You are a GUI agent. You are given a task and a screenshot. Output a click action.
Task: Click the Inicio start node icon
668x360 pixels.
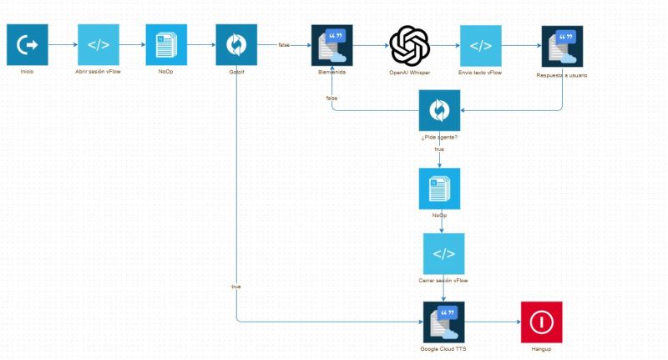point(28,45)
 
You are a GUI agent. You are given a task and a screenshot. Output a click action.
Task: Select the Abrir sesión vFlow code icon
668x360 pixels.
point(99,45)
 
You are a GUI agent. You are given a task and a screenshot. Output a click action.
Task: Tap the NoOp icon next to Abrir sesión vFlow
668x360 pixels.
point(165,45)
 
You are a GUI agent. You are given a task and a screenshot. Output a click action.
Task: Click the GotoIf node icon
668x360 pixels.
point(236,45)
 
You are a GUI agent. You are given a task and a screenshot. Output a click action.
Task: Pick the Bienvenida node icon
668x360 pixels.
point(331,45)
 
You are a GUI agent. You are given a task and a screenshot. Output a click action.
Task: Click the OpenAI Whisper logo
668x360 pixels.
point(409,45)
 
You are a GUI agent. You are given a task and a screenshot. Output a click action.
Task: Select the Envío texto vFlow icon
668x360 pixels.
point(480,45)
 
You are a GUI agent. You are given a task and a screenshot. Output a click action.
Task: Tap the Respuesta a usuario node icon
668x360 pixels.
point(562,46)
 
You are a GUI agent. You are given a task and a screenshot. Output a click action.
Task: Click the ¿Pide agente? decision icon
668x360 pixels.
point(439,109)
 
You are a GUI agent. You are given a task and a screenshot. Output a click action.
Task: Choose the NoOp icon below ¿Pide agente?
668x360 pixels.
point(439,189)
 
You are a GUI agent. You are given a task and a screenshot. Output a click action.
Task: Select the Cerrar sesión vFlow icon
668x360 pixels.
point(443,254)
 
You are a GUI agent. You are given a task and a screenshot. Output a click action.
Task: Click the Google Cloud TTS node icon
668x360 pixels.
point(443,322)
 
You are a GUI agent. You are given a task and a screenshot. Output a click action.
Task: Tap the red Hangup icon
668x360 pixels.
point(541,322)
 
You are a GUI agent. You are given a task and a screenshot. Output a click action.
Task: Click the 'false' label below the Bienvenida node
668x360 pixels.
point(331,99)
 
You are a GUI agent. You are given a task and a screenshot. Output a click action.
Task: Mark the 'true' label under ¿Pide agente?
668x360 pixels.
point(439,149)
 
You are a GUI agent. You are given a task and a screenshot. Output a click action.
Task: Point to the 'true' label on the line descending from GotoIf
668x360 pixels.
point(236,286)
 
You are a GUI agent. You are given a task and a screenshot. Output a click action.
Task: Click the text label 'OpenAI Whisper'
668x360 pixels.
point(409,74)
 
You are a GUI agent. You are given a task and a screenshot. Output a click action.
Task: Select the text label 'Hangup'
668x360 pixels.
point(541,348)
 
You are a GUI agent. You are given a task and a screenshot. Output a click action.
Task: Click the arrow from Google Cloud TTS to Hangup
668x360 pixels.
point(493,322)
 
